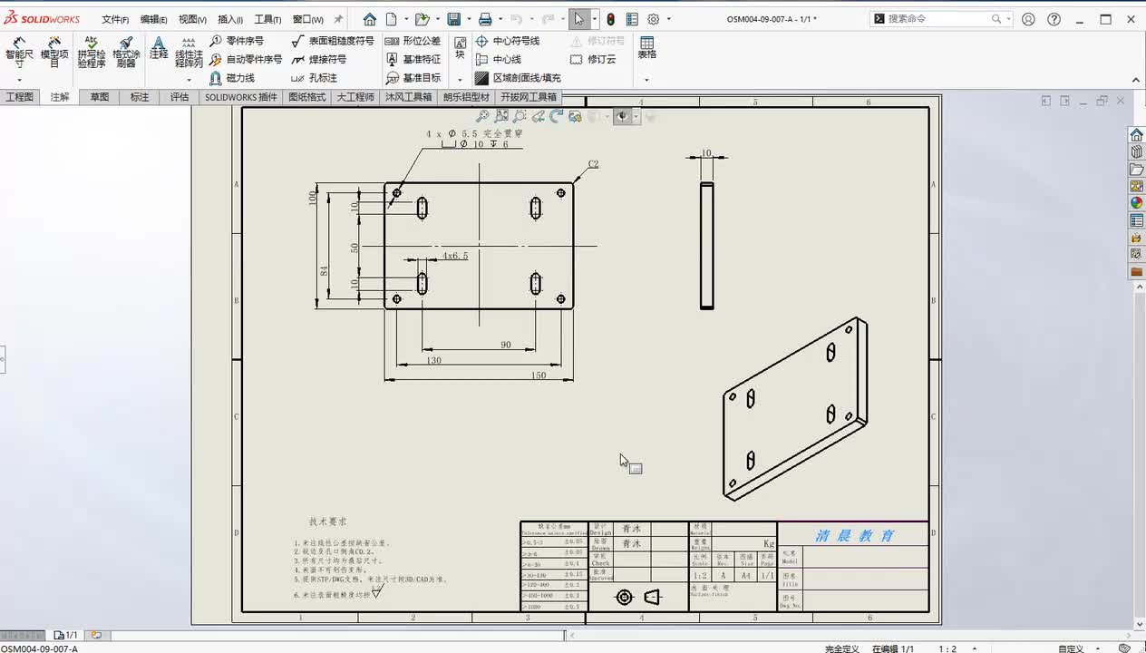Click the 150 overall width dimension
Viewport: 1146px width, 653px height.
[539, 375]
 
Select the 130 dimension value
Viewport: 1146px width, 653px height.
[433, 360]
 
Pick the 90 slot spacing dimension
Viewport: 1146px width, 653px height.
[506, 345]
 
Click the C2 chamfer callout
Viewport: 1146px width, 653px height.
[593, 164]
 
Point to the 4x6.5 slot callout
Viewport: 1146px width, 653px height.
[455, 256]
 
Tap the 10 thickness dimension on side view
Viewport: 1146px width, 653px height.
[706, 153]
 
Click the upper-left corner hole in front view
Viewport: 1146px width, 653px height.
[396, 192]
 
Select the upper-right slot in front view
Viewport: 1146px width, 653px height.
[536, 208]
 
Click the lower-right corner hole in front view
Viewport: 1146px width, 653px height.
[561, 298]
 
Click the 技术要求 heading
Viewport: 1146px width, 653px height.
[327, 521]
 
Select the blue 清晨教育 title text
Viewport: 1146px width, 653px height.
[854, 535]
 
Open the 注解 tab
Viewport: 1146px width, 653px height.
[60, 97]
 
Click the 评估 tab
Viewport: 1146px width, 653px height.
[180, 97]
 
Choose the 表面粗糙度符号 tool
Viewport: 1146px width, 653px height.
[333, 41]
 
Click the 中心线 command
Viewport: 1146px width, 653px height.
[507, 59]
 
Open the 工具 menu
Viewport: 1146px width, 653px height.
[267, 19]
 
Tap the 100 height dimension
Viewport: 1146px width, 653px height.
[313, 198]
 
